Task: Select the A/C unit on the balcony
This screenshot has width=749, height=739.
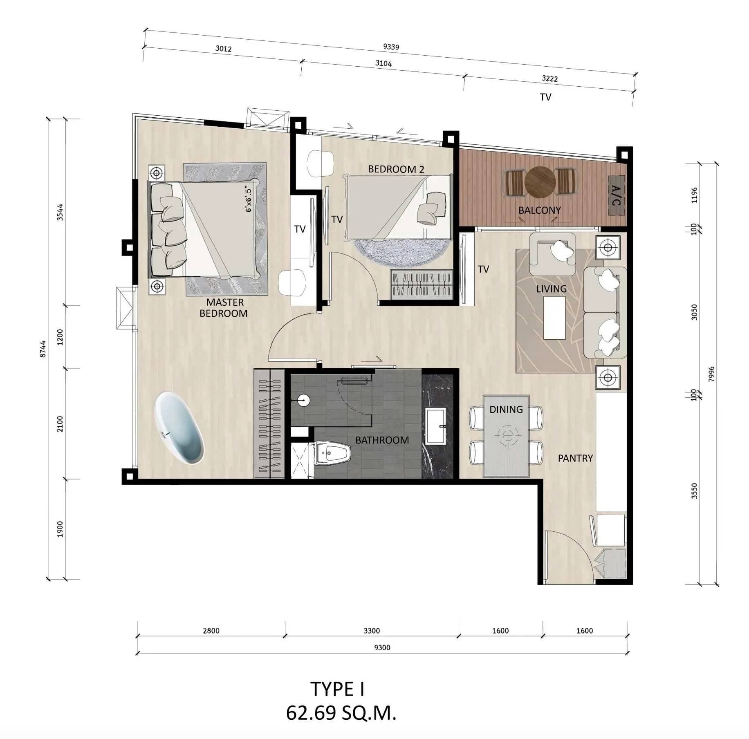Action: pos(616,195)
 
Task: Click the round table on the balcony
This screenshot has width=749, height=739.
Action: pos(540,182)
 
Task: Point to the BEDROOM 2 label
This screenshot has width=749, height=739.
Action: pos(396,169)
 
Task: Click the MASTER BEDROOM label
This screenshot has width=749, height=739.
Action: pos(224,308)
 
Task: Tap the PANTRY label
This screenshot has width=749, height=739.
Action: pos(575,458)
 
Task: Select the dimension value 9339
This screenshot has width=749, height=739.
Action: pos(391,47)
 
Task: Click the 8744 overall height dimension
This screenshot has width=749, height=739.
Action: pos(43,349)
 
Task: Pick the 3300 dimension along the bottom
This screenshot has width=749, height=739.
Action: pos(371,631)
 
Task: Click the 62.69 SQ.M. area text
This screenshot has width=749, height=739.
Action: pos(341,713)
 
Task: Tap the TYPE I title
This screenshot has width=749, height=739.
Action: pos(337,689)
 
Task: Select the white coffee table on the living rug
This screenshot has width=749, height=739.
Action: pos(554,318)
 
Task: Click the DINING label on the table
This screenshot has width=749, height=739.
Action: pos(506,409)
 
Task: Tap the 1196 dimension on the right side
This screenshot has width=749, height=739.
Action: pos(694,195)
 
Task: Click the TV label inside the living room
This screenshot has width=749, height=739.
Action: pos(483,269)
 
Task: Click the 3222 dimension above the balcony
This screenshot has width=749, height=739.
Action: pos(549,78)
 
